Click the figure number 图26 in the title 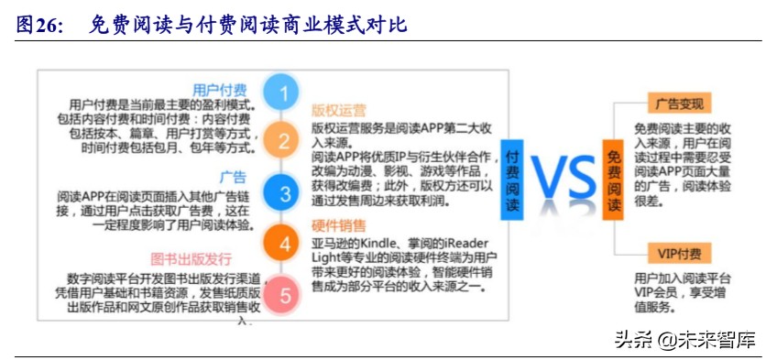click(x=38, y=25)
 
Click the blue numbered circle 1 click(x=284, y=93)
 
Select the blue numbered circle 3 click(x=284, y=193)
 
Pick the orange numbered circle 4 click(x=284, y=244)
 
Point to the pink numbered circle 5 click(x=284, y=295)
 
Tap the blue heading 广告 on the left click(x=233, y=177)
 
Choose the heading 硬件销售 click(x=338, y=225)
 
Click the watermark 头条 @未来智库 click(x=685, y=341)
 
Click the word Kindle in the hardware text click(x=384, y=243)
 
